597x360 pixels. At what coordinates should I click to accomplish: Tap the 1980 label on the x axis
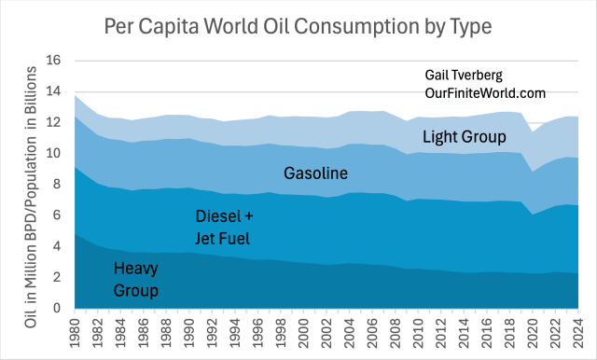(x=75, y=332)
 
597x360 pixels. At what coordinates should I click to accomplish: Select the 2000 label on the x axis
(x=304, y=332)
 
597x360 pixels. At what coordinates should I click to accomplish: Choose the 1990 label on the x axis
(x=189, y=332)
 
